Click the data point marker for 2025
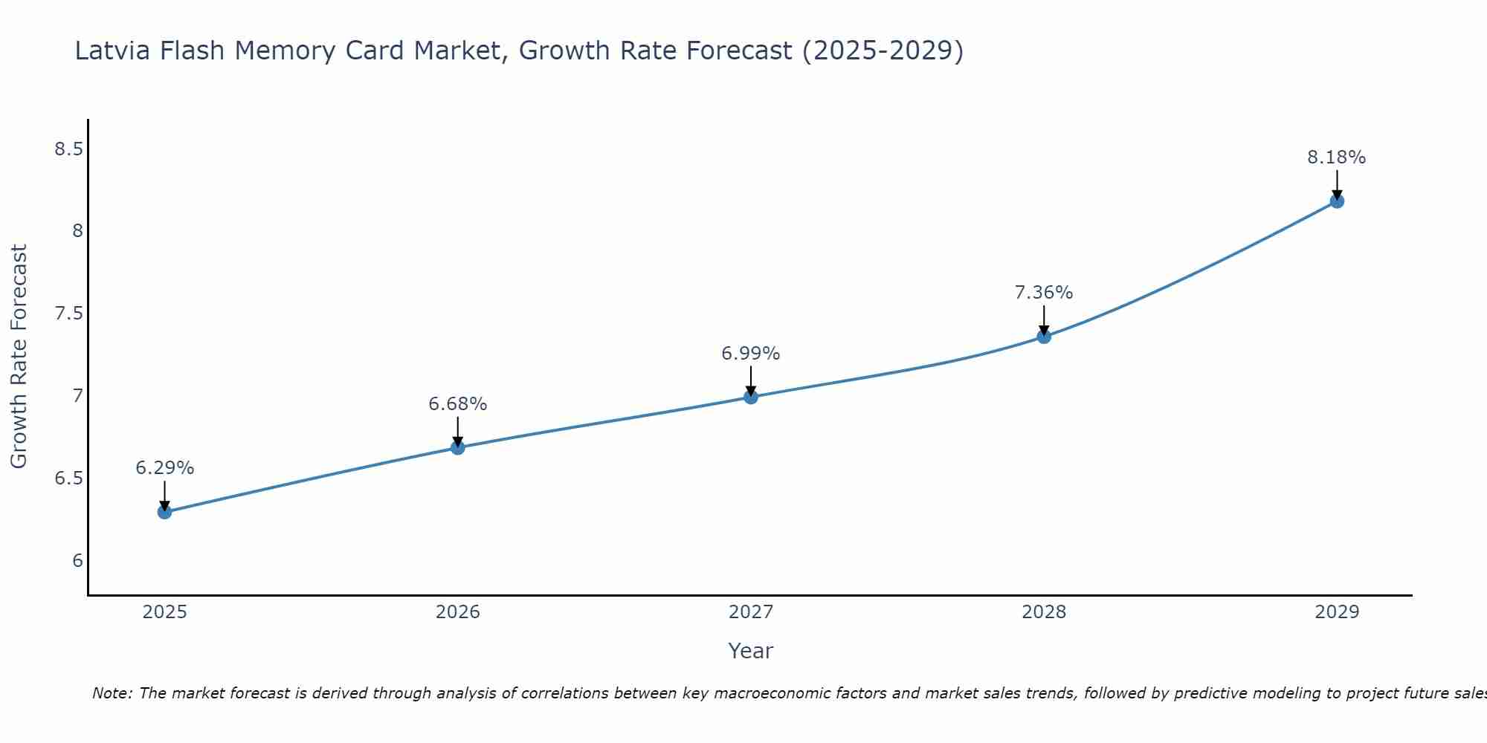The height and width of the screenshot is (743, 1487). pyautogui.click(x=165, y=512)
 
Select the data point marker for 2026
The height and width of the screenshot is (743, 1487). pyautogui.click(x=458, y=447)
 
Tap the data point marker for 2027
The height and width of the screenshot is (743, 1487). pyautogui.click(x=751, y=397)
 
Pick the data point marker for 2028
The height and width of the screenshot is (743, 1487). pyautogui.click(x=1044, y=337)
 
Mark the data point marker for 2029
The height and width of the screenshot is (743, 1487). pyautogui.click(x=1337, y=201)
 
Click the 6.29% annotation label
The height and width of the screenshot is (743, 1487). pyautogui.click(x=165, y=468)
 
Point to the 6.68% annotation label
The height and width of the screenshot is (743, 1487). pyautogui.click(x=458, y=404)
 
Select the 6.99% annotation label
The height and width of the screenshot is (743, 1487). pyautogui.click(x=751, y=354)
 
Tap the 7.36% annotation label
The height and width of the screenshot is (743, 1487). pyautogui.click(x=1044, y=293)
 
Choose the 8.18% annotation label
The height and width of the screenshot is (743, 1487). pyautogui.click(x=1337, y=158)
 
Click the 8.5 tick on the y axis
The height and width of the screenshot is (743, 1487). pyautogui.click(x=68, y=149)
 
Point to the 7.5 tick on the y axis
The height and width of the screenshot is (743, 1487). pyautogui.click(x=68, y=314)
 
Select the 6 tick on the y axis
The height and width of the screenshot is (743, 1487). pyautogui.click(x=77, y=560)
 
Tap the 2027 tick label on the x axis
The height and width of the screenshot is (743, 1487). pyautogui.click(x=751, y=612)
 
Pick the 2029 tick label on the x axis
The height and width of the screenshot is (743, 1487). pyautogui.click(x=1337, y=612)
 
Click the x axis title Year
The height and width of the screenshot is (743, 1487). pyautogui.click(x=751, y=651)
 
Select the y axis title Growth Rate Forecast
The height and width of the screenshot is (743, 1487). pyautogui.click(x=19, y=357)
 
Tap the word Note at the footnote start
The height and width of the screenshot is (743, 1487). pyautogui.click(x=112, y=693)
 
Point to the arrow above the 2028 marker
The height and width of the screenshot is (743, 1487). pyautogui.click(x=1044, y=319)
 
